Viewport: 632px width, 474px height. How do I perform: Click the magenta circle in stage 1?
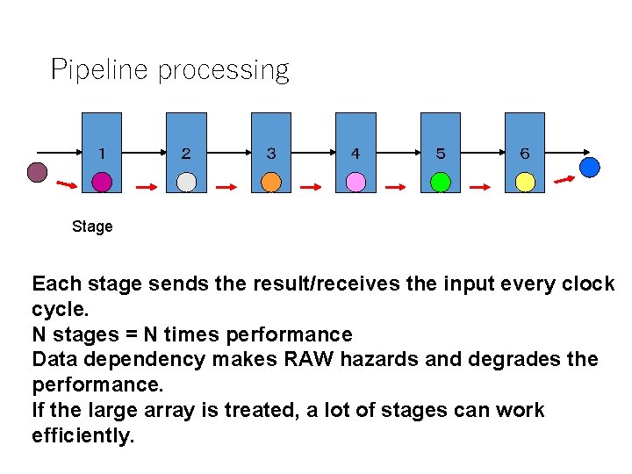pyautogui.click(x=103, y=182)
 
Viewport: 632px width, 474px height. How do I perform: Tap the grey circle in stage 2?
pyautogui.click(x=186, y=182)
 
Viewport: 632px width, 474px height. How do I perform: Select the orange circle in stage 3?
pyautogui.click(x=271, y=182)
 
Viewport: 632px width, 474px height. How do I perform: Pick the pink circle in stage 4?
pyautogui.click(x=355, y=182)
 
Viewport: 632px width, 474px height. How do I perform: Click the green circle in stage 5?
pyautogui.click(x=441, y=182)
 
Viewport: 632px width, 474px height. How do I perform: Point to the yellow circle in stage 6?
pyautogui.click(x=525, y=182)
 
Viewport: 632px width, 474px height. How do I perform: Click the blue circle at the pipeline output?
pyautogui.click(x=590, y=166)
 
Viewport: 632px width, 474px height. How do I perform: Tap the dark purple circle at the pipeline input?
pyautogui.click(x=37, y=172)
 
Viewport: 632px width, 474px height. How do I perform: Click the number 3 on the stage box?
pyautogui.click(x=271, y=154)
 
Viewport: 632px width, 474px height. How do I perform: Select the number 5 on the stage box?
pyautogui.click(x=441, y=154)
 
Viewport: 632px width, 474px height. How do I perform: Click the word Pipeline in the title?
pyautogui.click(x=99, y=69)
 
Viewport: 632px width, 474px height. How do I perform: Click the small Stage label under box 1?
pyautogui.click(x=92, y=226)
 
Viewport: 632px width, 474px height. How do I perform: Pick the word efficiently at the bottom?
pyautogui.click(x=83, y=436)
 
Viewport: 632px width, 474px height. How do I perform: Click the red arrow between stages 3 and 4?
pyautogui.click(x=312, y=186)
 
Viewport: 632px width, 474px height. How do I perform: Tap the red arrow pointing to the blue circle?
pyautogui.click(x=564, y=181)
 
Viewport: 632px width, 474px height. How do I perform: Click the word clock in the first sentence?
pyautogui.click(x=587, y=284)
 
